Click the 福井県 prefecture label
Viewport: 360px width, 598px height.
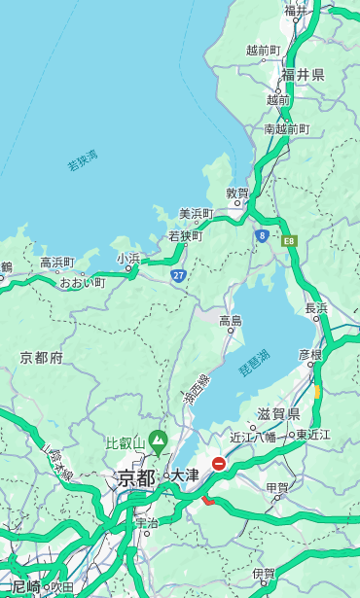pos(303,75)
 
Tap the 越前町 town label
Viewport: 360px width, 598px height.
pos(263,50)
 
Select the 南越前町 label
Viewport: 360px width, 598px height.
pos(286,128)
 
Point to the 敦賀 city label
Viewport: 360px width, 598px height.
pos(237,193)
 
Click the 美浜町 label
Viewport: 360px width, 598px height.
pos(197,214)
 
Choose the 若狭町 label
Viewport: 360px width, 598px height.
pos(185,235)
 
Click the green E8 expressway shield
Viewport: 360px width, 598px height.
pos(289,240)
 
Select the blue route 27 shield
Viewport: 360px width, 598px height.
pos(179,276)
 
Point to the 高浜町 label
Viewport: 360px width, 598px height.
pos(56,263)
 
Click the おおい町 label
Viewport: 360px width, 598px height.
pos(83,282)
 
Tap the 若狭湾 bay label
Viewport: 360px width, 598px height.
pos(83,160)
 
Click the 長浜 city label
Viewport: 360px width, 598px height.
pos(317,308)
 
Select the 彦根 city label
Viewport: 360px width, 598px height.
pos(309,355)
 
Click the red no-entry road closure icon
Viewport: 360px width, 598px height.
pos(220,465)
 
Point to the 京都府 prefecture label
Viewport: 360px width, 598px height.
pos(41,358)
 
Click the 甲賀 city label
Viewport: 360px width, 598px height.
pos(277,488)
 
